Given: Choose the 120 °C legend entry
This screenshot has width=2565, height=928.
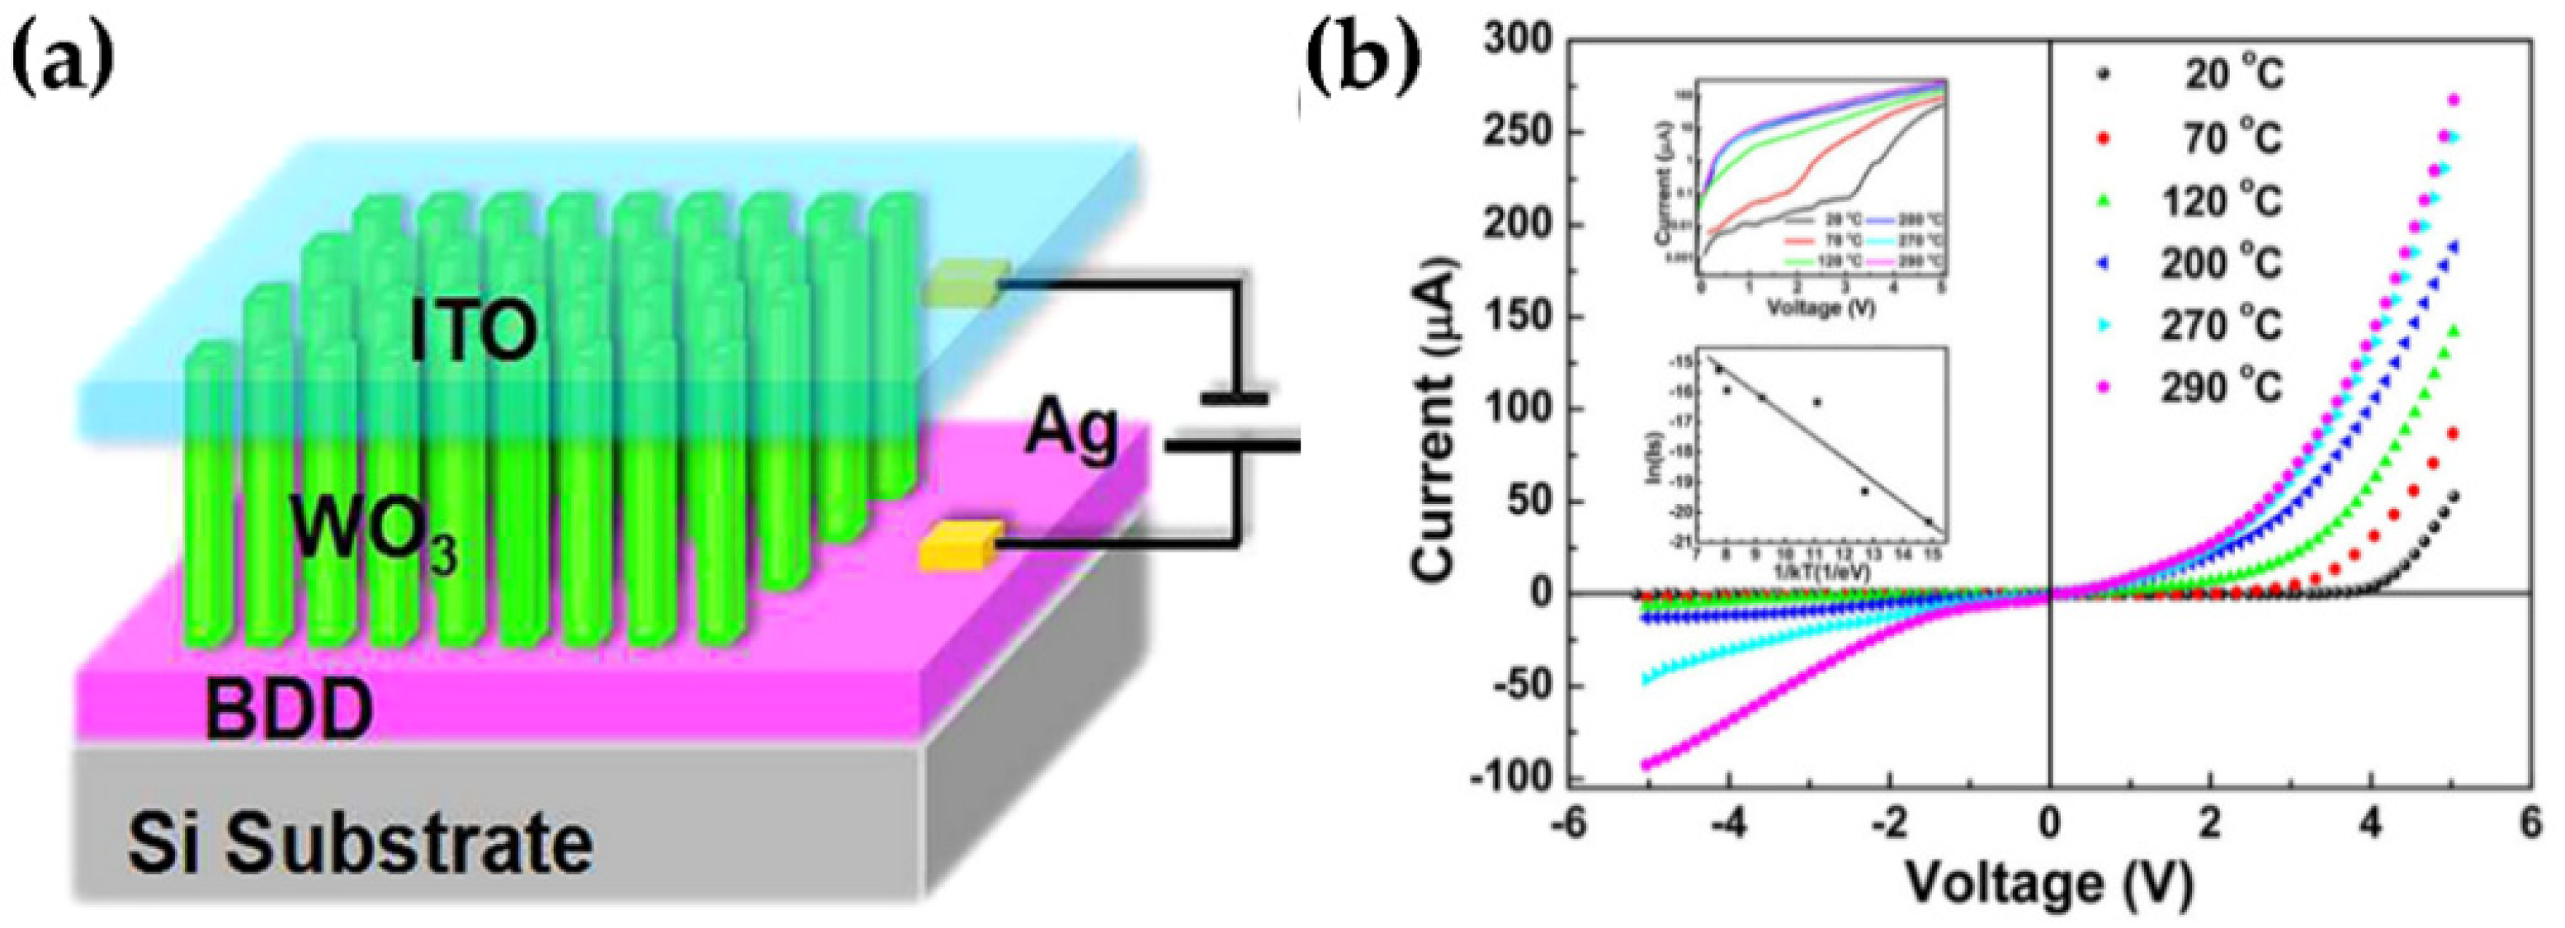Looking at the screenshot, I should [x=2221, y=201].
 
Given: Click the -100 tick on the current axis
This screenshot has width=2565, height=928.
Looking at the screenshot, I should [x=1509, y=779].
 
